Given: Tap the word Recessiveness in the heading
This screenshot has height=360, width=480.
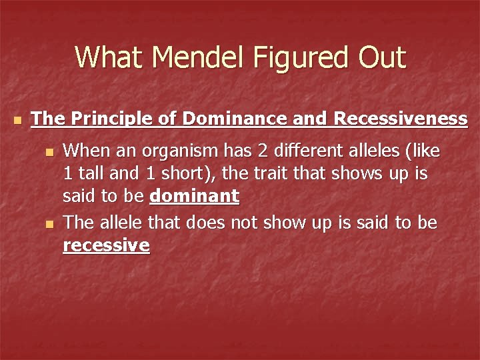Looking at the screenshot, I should point(400,119).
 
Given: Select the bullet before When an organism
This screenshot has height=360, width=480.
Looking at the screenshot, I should point(48,152).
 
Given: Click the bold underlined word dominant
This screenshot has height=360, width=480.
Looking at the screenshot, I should point(194,196).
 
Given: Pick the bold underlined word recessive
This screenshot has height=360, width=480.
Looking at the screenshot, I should point(106,245).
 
